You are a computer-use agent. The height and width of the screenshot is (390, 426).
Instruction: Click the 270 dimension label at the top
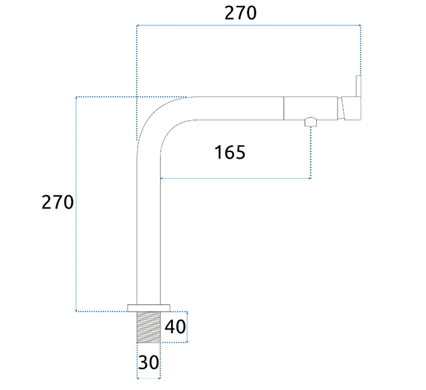[241, 13]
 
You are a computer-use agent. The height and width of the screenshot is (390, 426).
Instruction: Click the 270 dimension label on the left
[57, 202]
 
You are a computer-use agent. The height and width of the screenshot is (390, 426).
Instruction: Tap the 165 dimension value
[230, 152]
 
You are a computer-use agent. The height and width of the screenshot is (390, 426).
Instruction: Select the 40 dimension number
[175, 327]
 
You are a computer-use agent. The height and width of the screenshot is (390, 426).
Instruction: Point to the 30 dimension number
[148, 362]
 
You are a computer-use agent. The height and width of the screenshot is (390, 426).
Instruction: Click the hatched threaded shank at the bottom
[148, 327]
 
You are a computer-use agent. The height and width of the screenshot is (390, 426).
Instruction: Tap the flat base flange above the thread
[149, 308]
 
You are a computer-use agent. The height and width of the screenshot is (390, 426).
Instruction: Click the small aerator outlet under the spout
[310, 122]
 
